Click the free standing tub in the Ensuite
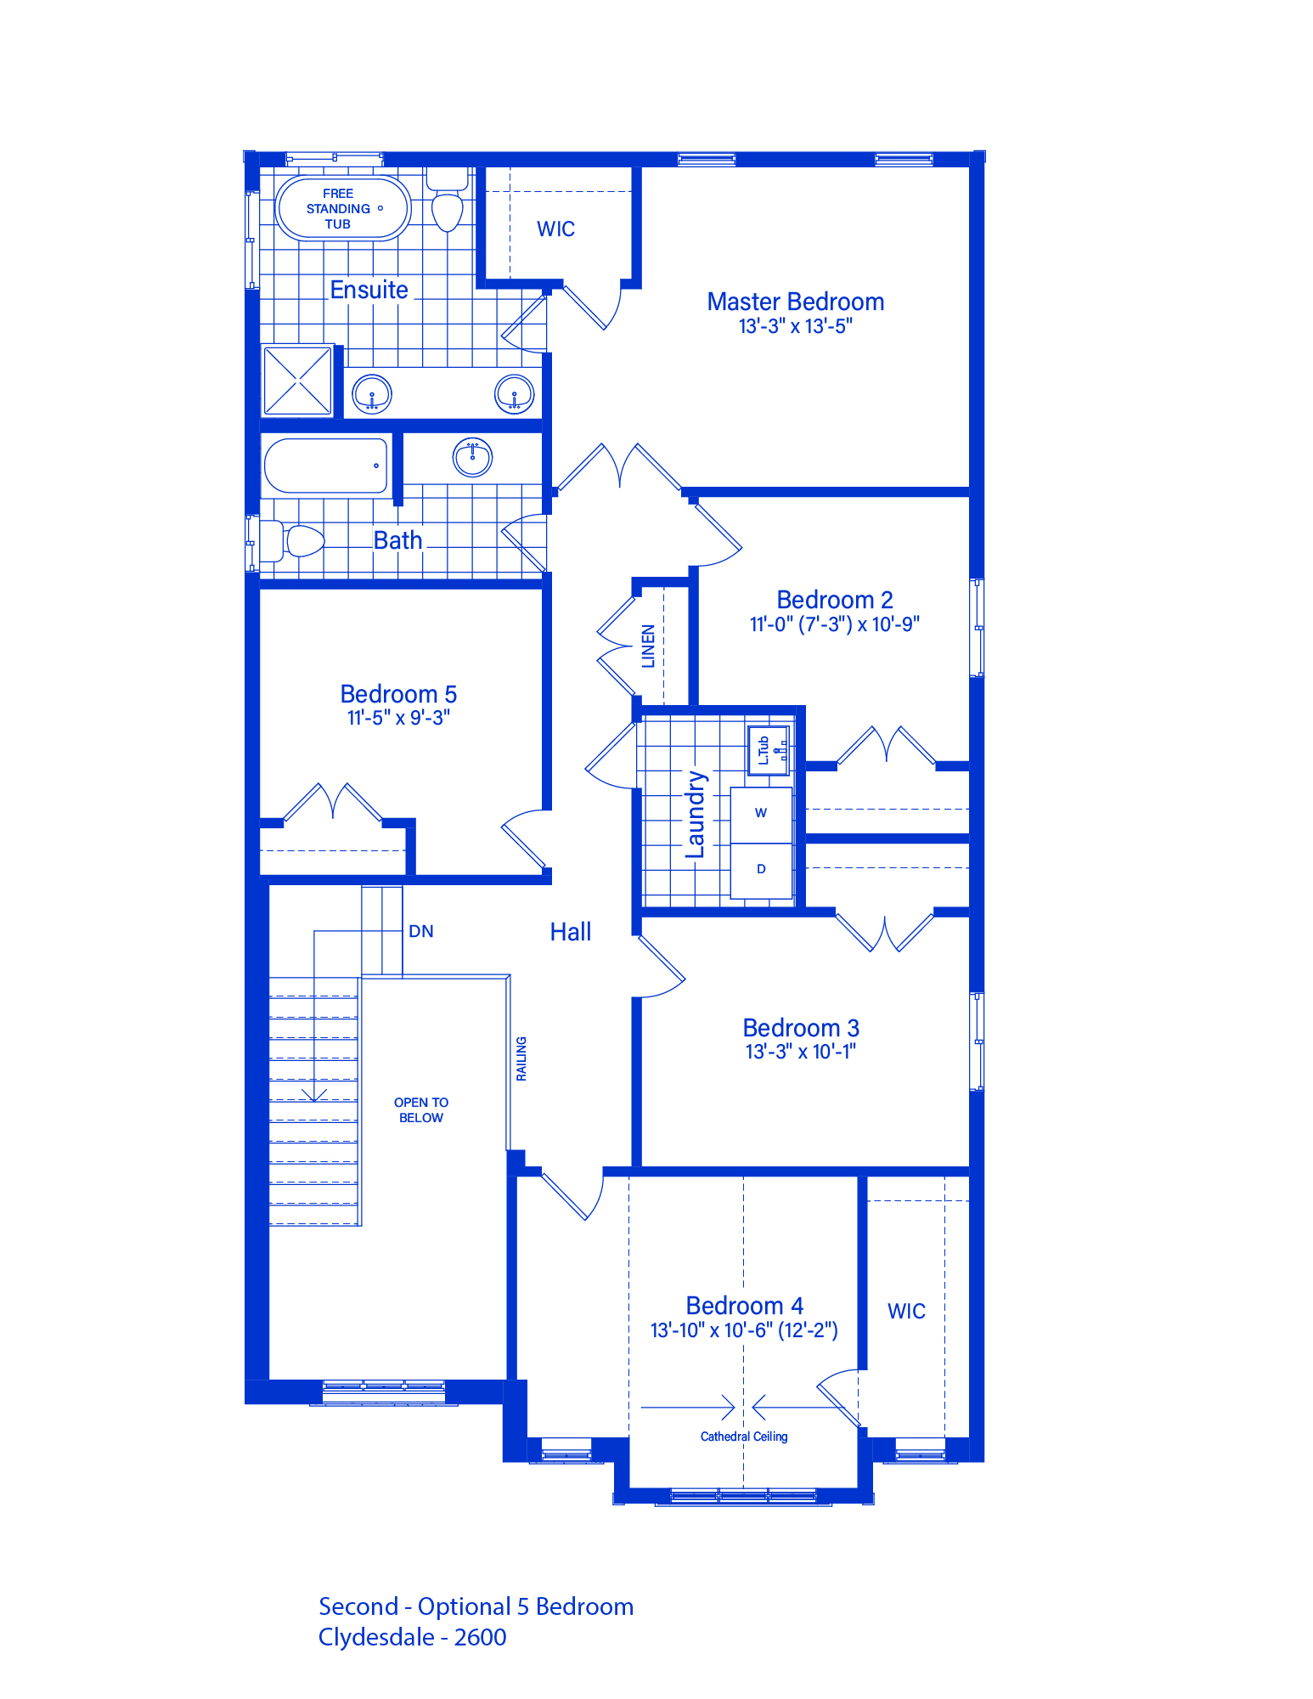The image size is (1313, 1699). click(x=343, y=208)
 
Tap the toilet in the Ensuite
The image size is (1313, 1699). click(x=447, y=200)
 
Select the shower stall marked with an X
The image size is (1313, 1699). click(x=297, y=380)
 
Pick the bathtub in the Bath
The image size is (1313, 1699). click(x=326, y=466)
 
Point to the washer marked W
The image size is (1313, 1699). click(x=761, y=814)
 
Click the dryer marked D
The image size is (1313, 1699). click(x=761, y=870)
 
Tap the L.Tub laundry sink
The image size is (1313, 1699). click(x=769, y=749)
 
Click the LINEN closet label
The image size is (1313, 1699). click(x=648, y=646)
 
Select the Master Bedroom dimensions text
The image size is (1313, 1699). click(x=795, y=326)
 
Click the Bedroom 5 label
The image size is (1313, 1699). click(x=398, y=694)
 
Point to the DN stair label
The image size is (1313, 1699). click(x=421, y=931)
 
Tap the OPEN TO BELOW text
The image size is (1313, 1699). click(x=421, y=1110)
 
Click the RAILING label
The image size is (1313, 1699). click(x=521, y=1058)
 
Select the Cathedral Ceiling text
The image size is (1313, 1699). click(x=744, y=1437)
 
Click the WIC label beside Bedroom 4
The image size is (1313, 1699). click(x=906, y=1311)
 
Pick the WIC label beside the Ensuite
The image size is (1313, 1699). click(x=555, y=229)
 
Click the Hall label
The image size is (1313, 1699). click(x=571, y=932)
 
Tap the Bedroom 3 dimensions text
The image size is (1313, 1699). click(x=801, y=1052)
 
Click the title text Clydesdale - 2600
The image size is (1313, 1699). click(x=412, y=1637)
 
